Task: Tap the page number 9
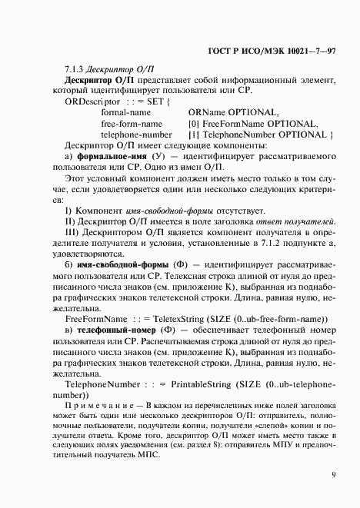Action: pos(333,474)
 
